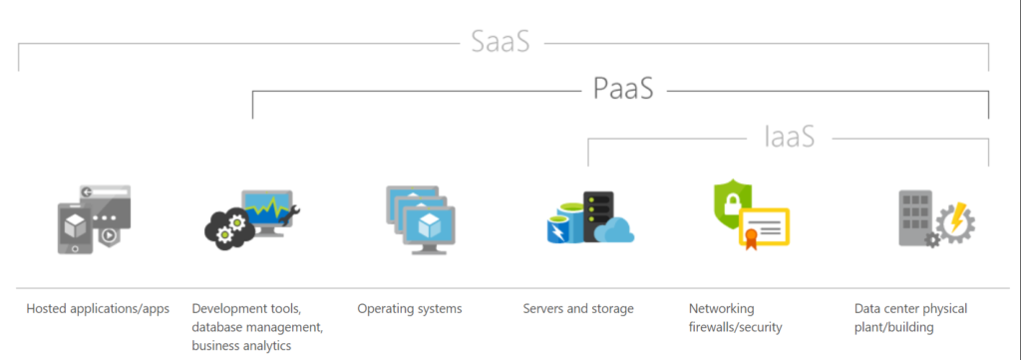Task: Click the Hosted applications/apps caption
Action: click(98, 309)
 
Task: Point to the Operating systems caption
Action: click(410, 309)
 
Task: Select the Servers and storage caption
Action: click(578, 309)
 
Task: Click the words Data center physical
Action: click(911, 309)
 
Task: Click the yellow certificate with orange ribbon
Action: click(763, 228)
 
